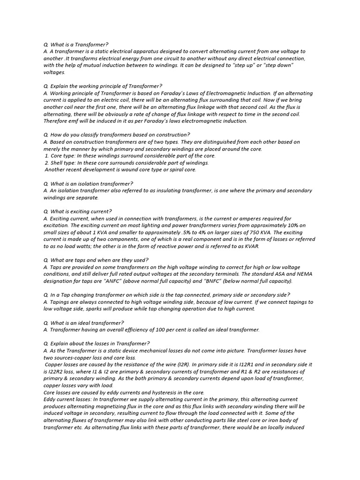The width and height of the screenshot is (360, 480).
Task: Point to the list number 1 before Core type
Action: pos(47,156)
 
